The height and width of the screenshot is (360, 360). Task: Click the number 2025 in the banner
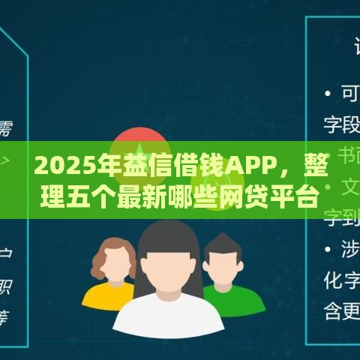tap(58, 163)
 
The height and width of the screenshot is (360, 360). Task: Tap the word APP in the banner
tap(253, 163)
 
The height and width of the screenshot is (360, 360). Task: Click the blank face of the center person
tap(168, 259)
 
